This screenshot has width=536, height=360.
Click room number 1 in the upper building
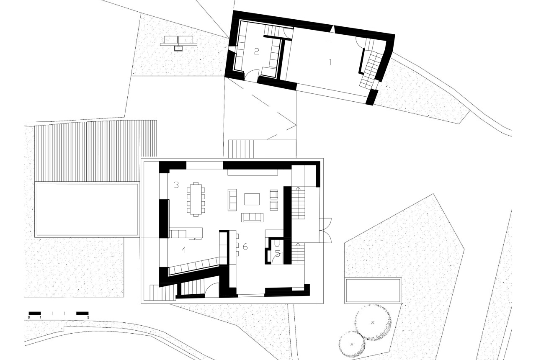(x=330, y=62)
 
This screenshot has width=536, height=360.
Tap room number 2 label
(x=257, y=51)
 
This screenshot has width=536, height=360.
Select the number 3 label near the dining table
(x=176, y=185)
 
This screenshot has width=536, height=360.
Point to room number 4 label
(x=184, y=250)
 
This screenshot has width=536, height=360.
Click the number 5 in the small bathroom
(x=278, y=254)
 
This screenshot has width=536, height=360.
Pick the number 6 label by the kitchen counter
(x=245, y=247)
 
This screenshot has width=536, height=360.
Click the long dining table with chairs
(x=196, y=200)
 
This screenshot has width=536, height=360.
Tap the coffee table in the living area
(x=252, y=199)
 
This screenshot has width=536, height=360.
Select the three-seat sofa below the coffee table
(x=252, y=217)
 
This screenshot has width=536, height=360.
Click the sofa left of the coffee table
(x=232, y=200)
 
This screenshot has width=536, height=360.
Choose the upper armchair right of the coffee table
(x=274, y=195)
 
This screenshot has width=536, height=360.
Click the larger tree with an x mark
(x=372, y=323)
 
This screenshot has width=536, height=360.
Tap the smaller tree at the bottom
(x=352, y=345)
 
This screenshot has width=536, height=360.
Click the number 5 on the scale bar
(x=88, y=317)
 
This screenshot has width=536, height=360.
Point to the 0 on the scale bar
(x=29, y=317)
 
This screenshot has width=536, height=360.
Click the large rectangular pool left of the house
(x=87, y=209)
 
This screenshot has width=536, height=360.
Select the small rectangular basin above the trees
(x=373, y=291)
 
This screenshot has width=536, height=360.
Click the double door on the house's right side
(x=325, y=230)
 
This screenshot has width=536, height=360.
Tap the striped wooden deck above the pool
(x=95, y=151)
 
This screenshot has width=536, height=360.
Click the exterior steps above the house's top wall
(x=241, y=149)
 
